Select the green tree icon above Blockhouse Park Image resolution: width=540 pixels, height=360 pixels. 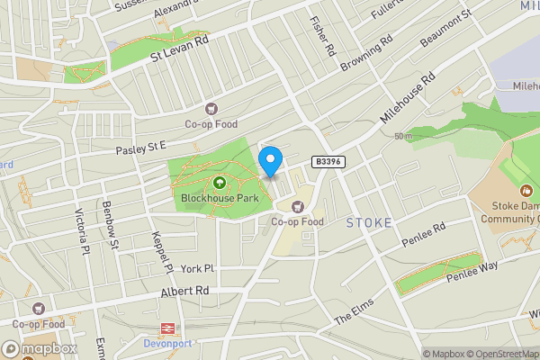(x=218, y=183)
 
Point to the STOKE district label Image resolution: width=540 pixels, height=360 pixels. (x=369, y=222)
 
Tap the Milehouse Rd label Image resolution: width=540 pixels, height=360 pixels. (x=407, y=97)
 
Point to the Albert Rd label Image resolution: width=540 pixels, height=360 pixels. (x=184, y=292)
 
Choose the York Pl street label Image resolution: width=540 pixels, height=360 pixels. (x=197, y=268)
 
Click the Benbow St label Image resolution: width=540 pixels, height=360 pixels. (x=111, y=225)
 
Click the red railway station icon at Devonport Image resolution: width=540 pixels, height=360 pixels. (x=167, y=330)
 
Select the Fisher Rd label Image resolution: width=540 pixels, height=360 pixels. (x=322, y=33)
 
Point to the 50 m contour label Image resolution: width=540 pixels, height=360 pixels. (x=402, y=137)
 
